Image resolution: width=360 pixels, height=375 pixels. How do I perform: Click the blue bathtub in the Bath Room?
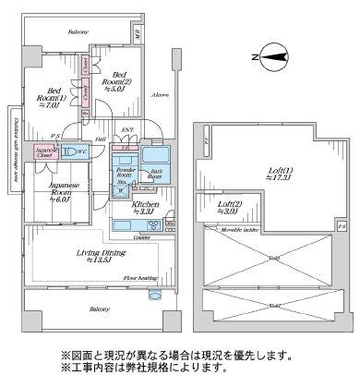[x=153, y=151]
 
